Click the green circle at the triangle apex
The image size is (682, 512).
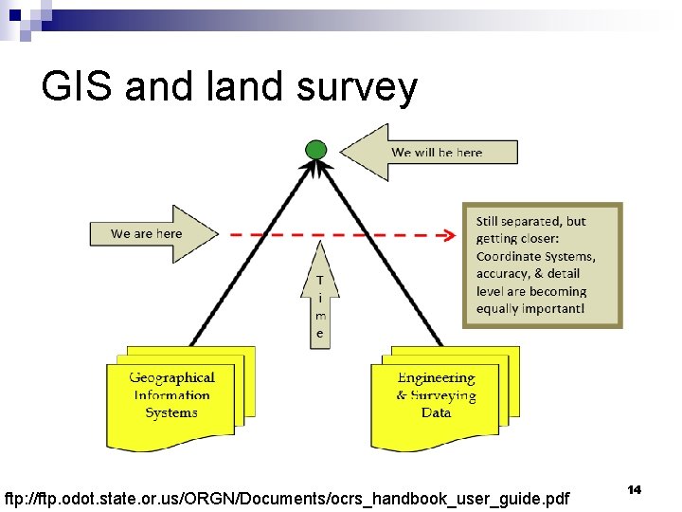coord(316,150)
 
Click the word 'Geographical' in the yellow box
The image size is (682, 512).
coord(171,377)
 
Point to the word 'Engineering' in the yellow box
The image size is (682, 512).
coord(436,377)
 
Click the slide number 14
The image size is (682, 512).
coord(634,489)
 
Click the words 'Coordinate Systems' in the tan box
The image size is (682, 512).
coord(535,256)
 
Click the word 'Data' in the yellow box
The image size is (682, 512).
coord(436,412)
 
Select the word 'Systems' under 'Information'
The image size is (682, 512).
coord(171,412)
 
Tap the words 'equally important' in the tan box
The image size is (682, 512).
coord(529,308)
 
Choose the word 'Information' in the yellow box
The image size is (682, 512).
coord(171,395)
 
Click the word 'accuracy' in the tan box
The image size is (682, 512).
coord(504,274)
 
